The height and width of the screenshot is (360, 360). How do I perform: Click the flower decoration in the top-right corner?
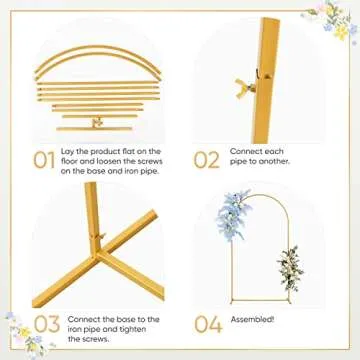point(338,18)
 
